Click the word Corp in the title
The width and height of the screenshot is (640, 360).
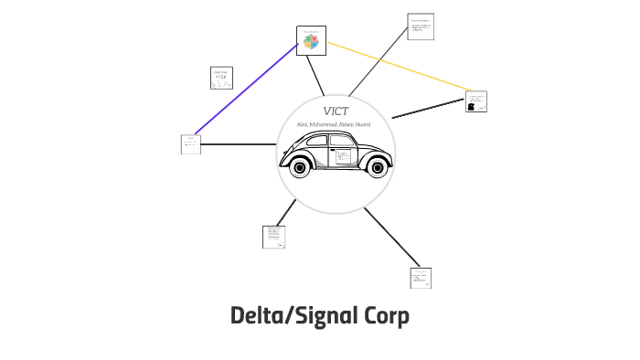tap(381, 316)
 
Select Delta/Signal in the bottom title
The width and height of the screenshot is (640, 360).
tap(291, 316)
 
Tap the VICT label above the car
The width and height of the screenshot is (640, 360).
tap(336, 111)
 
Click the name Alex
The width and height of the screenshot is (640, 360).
tap(304, 124)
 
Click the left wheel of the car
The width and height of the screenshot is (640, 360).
tap(299, 166)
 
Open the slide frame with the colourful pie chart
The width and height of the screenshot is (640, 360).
tap(311, 40)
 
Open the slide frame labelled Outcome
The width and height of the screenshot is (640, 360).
tap(220, 79)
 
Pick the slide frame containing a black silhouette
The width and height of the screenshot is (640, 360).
tap(475, 101)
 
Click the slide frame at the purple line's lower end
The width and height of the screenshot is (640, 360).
tap(190, 143)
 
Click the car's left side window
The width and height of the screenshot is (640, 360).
tap(313, 143)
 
